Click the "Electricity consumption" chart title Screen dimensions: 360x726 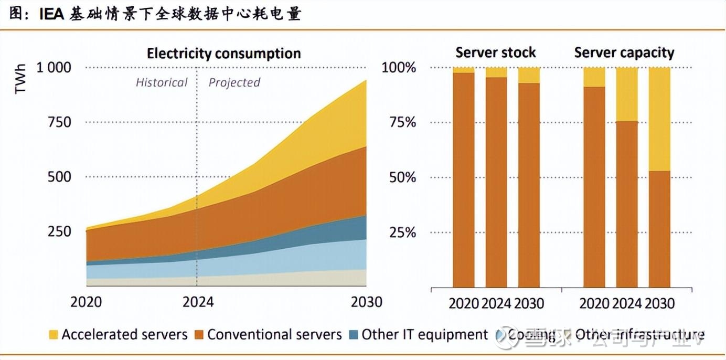pos(223,54)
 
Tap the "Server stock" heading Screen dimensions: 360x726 pos(495,52)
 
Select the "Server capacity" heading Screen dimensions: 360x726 pos(624,52)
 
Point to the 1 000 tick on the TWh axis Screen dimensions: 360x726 pos(53,68)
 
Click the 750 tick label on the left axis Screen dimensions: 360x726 pos(59,122)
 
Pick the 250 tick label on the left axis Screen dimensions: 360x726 pos(59,231)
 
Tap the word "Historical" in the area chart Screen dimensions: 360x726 pos(161,82)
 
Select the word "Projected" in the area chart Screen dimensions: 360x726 pos(234,82)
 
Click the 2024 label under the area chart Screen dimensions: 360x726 pos(198,302)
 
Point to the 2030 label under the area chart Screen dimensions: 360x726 pos(366,302)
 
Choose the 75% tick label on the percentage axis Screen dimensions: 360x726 pos(402,122)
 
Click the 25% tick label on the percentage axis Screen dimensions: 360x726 pos(402,232)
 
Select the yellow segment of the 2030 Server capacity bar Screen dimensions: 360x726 pos(659,119)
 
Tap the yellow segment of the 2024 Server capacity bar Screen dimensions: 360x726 pos(627,94)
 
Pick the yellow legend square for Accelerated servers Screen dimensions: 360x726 pos(53,335)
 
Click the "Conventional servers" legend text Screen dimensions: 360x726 pos(274,335)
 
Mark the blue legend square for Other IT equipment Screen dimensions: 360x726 pos(354,335)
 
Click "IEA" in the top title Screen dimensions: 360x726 pos(51,15)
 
